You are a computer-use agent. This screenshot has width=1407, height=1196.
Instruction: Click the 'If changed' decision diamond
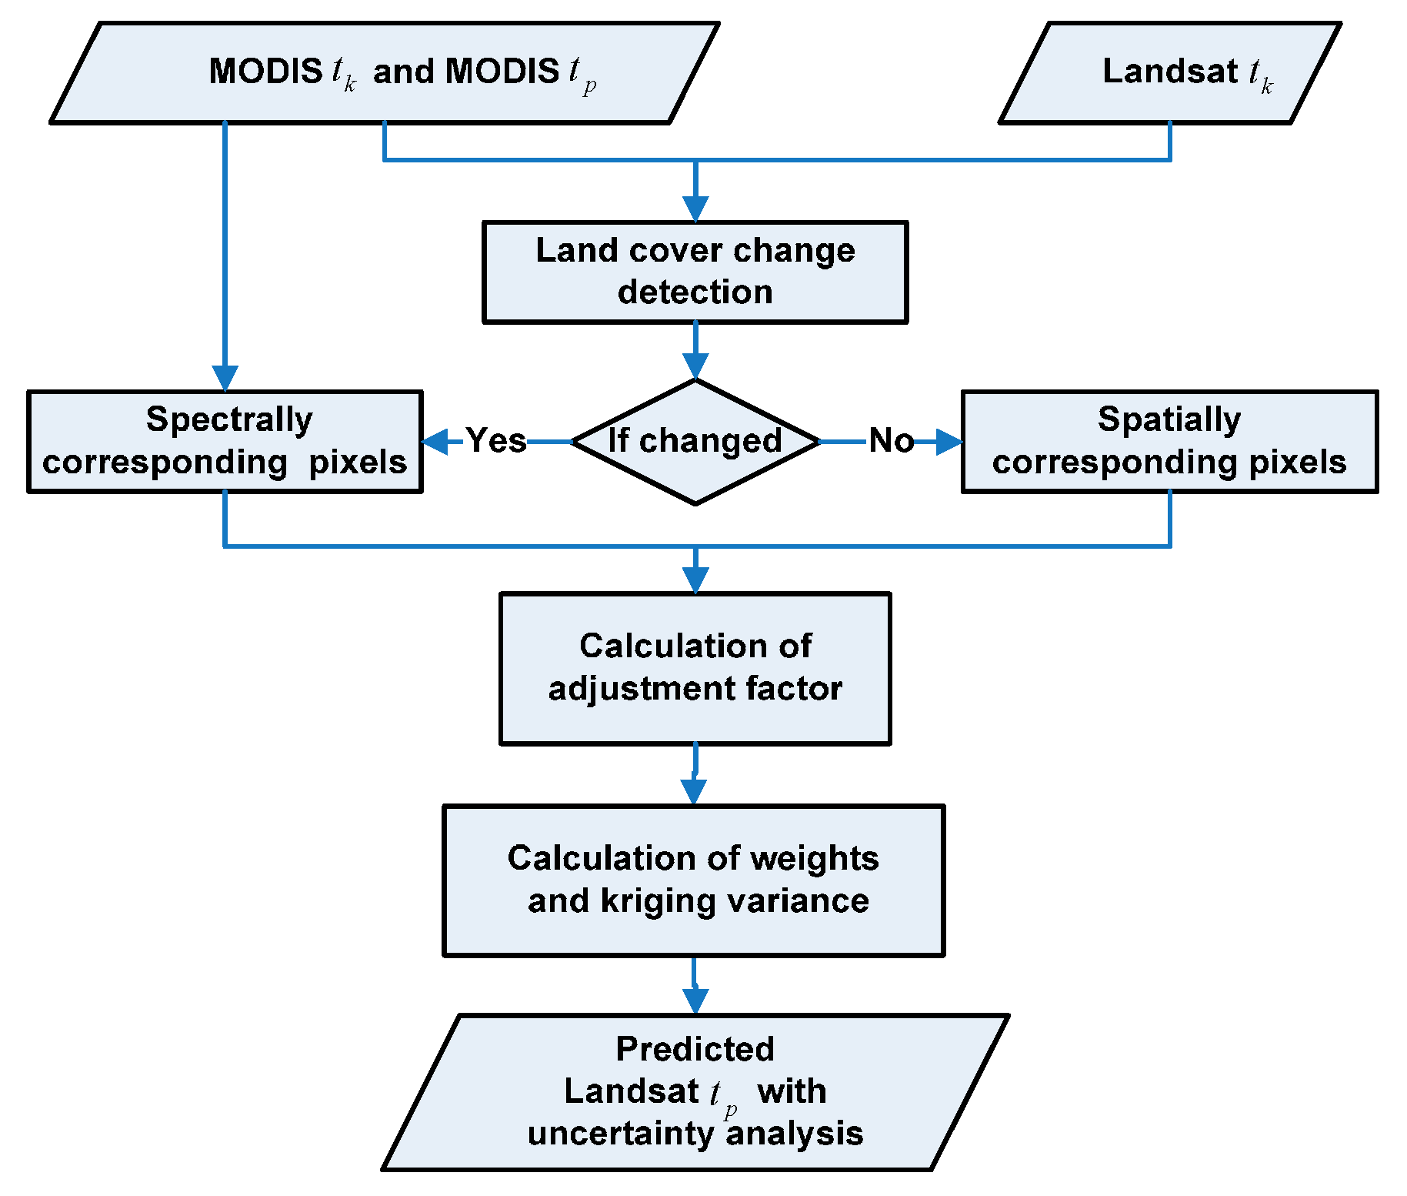click(695, 442)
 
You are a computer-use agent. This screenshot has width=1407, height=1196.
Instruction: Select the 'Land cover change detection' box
click(695, 272)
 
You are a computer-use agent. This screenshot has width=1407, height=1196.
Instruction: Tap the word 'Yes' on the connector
click(495, 441)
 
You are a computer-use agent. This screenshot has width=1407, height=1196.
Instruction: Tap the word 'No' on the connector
click(891, 441)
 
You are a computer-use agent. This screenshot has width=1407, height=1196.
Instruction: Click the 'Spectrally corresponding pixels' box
click(225, 441)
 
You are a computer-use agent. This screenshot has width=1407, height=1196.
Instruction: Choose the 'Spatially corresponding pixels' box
click(1169, 441)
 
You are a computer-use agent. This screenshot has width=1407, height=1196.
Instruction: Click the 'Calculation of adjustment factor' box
click(695, 667)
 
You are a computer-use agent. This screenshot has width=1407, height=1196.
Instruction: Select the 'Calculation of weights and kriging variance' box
click(693, 880)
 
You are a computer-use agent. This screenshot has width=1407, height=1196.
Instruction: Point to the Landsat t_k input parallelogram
click(1169, 72)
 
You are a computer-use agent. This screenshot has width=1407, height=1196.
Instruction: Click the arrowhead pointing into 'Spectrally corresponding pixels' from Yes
click(435, 442)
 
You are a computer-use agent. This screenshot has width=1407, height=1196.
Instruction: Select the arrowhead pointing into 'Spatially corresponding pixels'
click(949, 442)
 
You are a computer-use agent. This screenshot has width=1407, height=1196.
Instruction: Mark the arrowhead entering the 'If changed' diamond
click(695, 366)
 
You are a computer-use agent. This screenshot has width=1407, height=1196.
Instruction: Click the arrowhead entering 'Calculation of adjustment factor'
click(695, 580)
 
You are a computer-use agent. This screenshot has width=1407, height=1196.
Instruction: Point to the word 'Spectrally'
click(229, 419)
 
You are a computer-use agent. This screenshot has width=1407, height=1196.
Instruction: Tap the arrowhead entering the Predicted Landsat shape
click(695, 1001)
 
